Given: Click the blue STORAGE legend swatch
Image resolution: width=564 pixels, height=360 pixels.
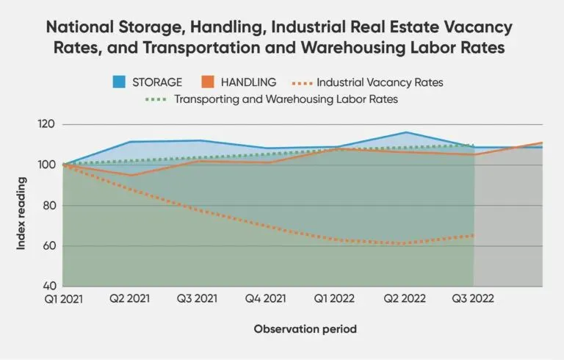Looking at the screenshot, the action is [119, 82].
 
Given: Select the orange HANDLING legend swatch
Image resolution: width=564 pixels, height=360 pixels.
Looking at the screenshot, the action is [208, 82].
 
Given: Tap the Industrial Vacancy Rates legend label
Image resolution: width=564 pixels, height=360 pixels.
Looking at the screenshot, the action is [380, 82].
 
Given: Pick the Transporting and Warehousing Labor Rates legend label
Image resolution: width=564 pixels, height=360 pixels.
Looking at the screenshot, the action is [286, 99].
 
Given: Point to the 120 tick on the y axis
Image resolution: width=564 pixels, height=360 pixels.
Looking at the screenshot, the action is [46, 124].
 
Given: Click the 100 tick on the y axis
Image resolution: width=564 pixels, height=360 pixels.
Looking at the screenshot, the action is [46, 165].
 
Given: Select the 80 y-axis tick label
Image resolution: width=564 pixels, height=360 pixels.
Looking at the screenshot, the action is [49, 206].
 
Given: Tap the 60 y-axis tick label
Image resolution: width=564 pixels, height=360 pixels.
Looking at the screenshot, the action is [49, 246].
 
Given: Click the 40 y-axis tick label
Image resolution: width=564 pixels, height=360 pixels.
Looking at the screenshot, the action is [49, 286].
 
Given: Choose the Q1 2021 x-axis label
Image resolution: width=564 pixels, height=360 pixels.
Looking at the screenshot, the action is [64, 299].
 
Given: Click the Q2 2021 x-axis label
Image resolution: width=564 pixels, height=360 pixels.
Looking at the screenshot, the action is [129, 298].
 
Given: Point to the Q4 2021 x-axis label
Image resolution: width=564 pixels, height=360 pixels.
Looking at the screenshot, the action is [265, 298].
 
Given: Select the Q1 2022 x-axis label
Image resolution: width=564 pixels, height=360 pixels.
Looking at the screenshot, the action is [334, 298].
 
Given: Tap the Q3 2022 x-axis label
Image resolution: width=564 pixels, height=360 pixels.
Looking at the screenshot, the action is [473, 298].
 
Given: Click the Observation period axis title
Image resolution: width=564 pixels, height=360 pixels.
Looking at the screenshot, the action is [305, 329].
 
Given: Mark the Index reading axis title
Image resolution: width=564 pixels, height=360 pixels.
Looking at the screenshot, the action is [21, 213].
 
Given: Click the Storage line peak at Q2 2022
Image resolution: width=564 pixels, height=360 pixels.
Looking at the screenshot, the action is [405, 132].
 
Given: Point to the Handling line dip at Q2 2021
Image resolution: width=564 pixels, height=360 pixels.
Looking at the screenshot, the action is [131, 176].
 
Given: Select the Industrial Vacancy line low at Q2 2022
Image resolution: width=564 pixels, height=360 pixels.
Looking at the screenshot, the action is [405, 244].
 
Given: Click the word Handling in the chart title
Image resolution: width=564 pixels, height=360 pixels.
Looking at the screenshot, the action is [228, 27].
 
